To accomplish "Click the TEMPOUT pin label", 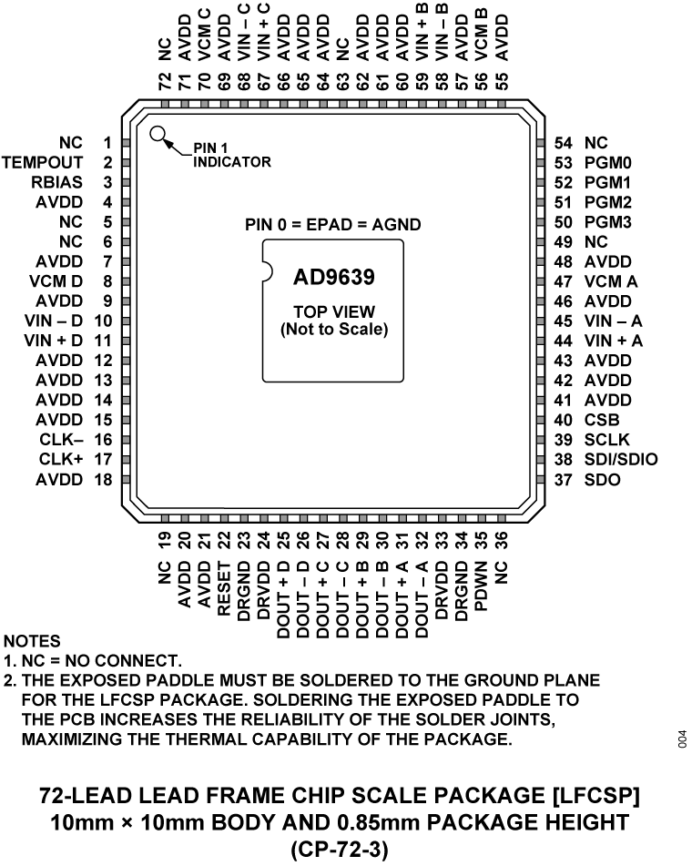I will coord(43,162).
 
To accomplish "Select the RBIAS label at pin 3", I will coord(58,182).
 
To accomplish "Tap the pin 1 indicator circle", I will coord(158,135).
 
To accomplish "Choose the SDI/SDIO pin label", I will coord(621,459).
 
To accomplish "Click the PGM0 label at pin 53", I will coord(609,163).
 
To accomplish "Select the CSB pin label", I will coord(602,420).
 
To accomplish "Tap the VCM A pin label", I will coord(611,281).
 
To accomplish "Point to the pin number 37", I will coord(564,479).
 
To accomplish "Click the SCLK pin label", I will coord(606,440).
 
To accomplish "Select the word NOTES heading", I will coord(32,641).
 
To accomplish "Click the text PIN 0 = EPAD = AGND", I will coord(333,224).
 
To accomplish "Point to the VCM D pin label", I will coord(56,281).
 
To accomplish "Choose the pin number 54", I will coord(564,143).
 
